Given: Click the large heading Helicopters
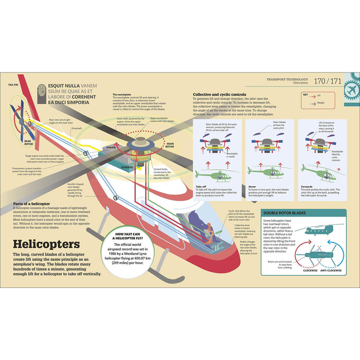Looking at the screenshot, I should click(x=46, y=243).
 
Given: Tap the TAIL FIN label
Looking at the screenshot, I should click(x=14, y=84).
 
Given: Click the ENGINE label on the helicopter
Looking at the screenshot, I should click(x=111, y=147).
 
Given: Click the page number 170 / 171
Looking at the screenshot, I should click(x=327, y=81).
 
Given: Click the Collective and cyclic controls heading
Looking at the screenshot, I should click(x=219, y=95).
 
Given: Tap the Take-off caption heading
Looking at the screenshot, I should click(x=201, y=187).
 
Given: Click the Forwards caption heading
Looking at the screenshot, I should click(x=307, y=187).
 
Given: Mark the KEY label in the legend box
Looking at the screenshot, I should click(x=305, y=95).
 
